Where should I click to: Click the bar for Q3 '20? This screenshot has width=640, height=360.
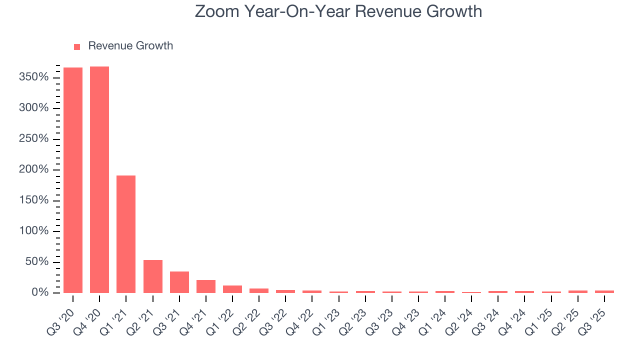point(73,180)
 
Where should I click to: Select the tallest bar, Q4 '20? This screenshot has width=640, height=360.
point(99,179)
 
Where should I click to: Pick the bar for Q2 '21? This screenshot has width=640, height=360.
point(152,276)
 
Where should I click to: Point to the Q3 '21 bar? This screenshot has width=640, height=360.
point(179,282)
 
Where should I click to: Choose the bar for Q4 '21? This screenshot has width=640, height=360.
point(205,286)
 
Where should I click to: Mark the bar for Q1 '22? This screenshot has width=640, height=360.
point(232,289)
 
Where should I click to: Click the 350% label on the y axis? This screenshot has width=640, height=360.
point(34,77)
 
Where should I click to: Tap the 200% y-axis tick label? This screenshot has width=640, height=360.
point(34,170)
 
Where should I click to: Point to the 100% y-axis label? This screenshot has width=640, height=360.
point(34,231)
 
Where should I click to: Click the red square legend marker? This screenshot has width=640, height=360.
point(77,46)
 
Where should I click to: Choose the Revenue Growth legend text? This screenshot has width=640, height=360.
point(130,46)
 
